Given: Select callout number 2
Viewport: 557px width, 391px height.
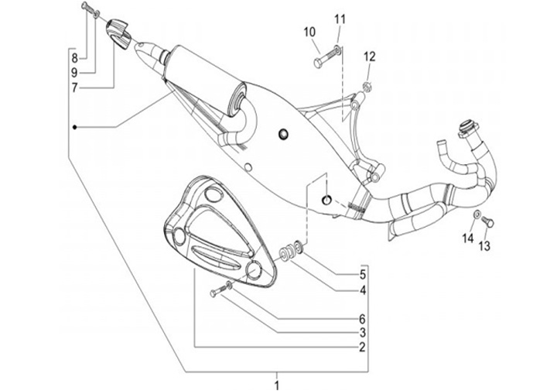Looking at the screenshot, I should [x=361, y=348].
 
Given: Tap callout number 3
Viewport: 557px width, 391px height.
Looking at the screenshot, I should [x=361, y=333].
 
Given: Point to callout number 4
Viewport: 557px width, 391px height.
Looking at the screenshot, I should [x=361, y=291].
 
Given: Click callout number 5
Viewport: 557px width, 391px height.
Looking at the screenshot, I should [x=361, y=276].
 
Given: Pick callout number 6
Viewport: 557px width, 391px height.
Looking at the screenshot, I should [x=361, y=318].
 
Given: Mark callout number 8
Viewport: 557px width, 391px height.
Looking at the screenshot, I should [x=74, y=58].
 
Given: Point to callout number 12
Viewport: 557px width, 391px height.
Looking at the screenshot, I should [x=369, y=56].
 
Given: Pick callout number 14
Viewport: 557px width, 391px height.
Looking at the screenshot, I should [x=468, y=238].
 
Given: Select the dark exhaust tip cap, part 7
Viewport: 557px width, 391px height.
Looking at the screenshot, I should [x=118, y=34].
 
